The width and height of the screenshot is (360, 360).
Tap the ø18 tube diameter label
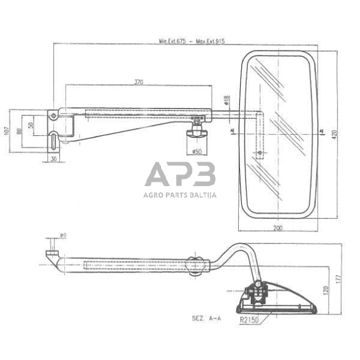227,99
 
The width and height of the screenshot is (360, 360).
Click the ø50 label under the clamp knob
197,151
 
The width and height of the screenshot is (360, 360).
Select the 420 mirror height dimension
334,135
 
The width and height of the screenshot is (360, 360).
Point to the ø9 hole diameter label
63,234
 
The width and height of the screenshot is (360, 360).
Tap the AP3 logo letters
180,176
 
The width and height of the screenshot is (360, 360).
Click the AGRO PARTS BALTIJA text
180,196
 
